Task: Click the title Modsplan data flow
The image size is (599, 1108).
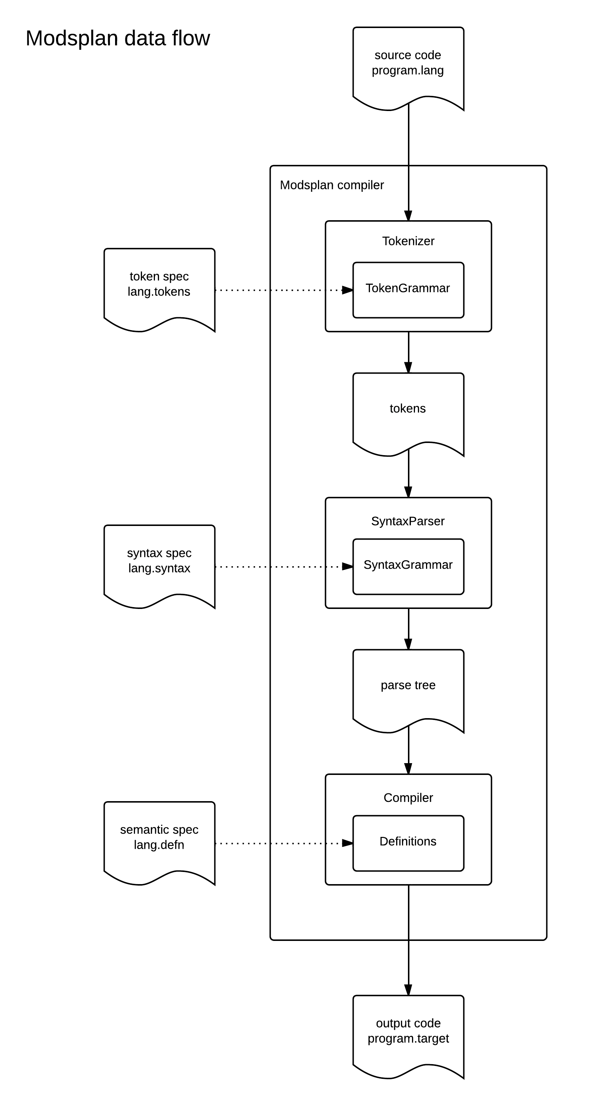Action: click(x=118, y=38)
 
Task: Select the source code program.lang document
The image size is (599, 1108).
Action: click(x=408, y=65)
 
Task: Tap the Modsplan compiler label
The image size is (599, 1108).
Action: click(x=332, y=185)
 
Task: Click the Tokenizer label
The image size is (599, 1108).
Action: click(x=408, y=241)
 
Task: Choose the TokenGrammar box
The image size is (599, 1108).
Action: click(x=408, y=290)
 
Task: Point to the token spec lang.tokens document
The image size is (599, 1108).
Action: click(x=159, y=286)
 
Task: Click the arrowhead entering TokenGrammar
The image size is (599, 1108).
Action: click(x=347, y=290)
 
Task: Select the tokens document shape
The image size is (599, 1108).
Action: click(x=408, y=411)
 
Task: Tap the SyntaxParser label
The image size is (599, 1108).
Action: click(x=408, y=521)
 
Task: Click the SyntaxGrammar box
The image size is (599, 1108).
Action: click(x=408, y=567)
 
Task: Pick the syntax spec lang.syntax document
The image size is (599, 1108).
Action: click(x=159, y=562)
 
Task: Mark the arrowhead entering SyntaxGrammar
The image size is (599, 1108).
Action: click(x=347, y=567)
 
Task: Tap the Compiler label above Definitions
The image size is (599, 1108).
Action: click(x=408, y=798)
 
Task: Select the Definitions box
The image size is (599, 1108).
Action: click(x=408, y=843)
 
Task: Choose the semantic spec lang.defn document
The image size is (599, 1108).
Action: click(x=159, y=839)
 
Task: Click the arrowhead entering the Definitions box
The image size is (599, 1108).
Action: click(x=347, y=843)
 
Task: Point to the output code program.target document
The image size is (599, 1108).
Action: click(x=408, y=1032)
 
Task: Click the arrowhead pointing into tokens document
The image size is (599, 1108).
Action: click(x=408, y=367)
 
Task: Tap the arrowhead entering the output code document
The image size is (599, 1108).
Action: click(x=408, y=990)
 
